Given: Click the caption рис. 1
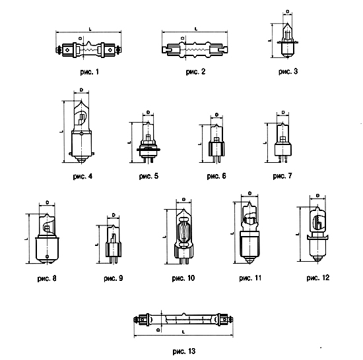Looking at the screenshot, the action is tap(89, 72).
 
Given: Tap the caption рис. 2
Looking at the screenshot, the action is tap(195, 72).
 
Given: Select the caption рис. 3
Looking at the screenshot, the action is tap(288, 71).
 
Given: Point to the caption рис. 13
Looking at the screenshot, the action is tap(184, 351).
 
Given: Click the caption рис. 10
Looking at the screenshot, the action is tap(183, 278).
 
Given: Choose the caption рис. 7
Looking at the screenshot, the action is tap(282, 176).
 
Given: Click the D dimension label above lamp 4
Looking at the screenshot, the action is tap(81, 90).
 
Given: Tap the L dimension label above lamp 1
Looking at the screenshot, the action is tap(90, 29).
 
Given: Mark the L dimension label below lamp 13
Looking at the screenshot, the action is tap(183, 332).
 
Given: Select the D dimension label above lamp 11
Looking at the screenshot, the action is tap(249, 193).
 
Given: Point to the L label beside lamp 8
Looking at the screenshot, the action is tap(27, 239).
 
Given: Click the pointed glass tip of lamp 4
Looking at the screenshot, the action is tap(81, 102).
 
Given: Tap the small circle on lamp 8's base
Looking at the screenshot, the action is tap(48, 256).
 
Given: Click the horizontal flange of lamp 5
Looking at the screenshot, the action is tap(148, 150).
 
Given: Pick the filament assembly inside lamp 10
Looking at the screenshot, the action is tap(183, 233).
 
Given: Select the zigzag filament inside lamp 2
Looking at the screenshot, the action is tap(195, 49).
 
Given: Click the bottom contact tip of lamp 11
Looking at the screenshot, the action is tap(249, 262).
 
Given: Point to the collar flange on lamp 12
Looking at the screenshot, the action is tap(317, 237).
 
